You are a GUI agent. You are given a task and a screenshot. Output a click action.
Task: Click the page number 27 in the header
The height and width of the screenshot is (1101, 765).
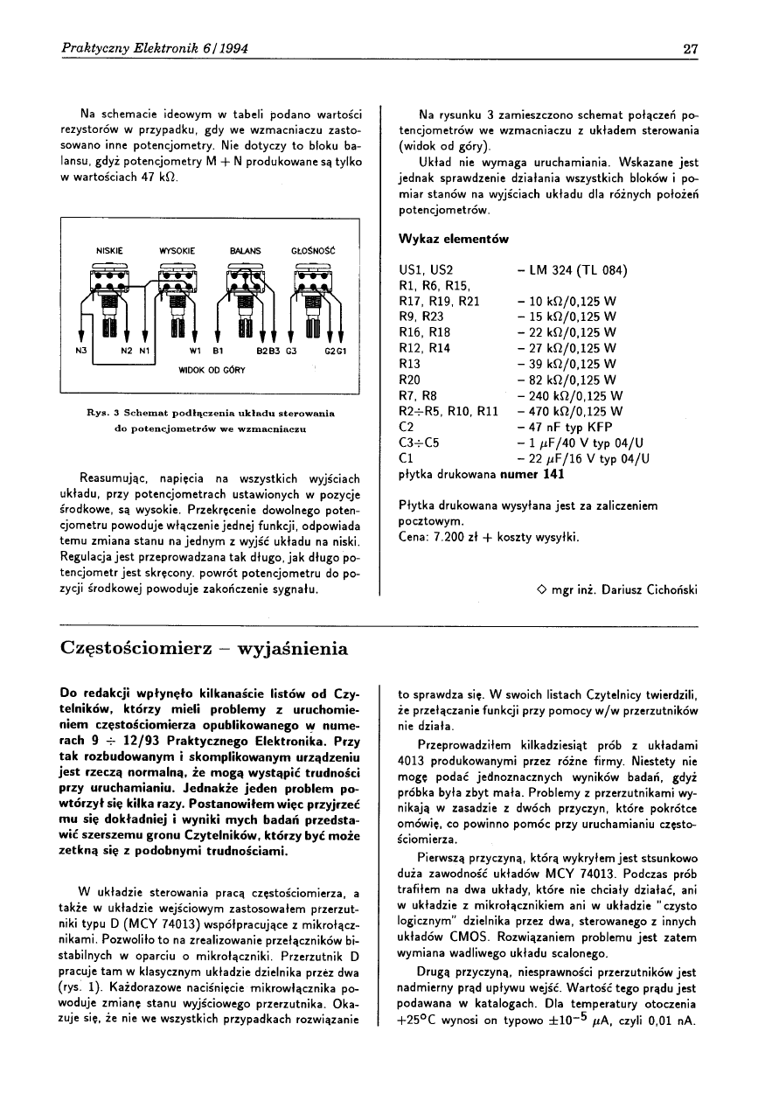(x=690, y=48)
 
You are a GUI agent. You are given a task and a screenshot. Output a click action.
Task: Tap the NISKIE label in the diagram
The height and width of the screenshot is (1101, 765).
(x=108, y=251)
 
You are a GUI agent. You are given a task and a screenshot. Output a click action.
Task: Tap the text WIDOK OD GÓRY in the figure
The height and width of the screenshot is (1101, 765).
(x=212, y=369)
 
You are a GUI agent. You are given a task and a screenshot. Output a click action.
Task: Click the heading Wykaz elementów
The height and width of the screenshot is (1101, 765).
(x=453, y=239)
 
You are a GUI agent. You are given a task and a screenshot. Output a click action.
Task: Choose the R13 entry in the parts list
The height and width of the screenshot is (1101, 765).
(x=410, y=364)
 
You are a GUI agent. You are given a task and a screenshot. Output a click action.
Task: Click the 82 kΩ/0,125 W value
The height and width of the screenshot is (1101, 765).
(x=567, y=380)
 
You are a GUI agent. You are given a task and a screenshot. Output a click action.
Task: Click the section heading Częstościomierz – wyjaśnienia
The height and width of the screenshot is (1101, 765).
(x=205, y=649)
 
